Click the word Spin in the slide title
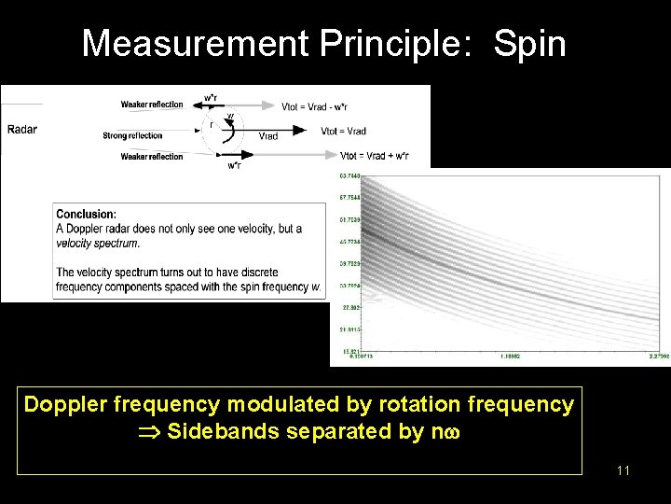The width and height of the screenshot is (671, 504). [x=529, y=44]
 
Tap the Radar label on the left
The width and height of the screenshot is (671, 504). [x=22, y=130]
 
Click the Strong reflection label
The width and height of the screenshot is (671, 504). [x=132, y=136]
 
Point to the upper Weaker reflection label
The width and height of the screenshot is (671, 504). [x=152, y=105]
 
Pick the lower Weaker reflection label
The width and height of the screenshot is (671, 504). [x=152, y=157]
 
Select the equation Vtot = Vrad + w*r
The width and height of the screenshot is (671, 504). [x=374, y=156]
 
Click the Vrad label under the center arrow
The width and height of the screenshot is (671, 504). [x=267, y=136]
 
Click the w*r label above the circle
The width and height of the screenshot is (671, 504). [x=212, y=97]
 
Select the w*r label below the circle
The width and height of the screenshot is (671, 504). [x=237, y=166]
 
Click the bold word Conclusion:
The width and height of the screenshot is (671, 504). [x=86, y=215]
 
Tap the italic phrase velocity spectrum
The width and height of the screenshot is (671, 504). [x=97, y=243]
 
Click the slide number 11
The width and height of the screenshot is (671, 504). [x=623, y=470]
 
